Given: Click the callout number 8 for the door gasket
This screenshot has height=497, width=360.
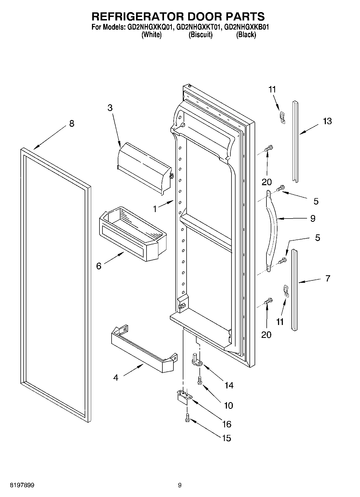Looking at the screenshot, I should tap(72, 124).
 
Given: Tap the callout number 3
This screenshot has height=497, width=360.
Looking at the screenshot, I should tap(110, 108).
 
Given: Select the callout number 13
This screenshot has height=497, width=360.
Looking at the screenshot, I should tap(327, 121).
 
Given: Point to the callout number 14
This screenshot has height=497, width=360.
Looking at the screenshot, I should tap(229, 385).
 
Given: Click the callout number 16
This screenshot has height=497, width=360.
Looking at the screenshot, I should tap(227, 424).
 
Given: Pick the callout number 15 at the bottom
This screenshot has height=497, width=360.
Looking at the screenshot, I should tap(227, 438).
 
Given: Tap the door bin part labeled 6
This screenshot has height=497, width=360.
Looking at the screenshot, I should tap(132, 237).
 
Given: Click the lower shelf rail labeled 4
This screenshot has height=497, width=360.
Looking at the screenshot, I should tap(142, 351).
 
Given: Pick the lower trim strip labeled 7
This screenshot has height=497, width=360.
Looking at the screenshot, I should tap(294, 289).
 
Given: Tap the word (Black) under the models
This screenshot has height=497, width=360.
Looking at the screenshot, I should tap(246, 35).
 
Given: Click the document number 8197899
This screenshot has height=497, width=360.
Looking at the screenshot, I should tap(22, 485).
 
